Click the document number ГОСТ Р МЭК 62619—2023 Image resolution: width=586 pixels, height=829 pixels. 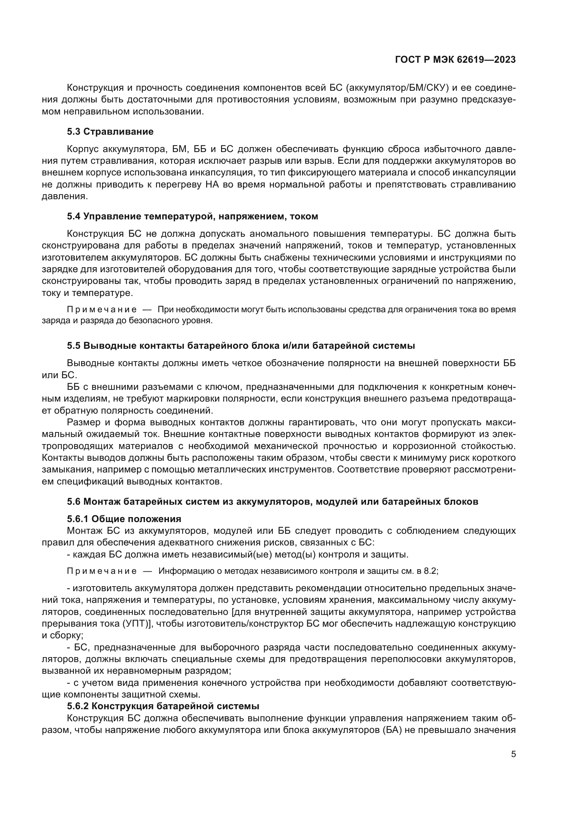click(455, 60)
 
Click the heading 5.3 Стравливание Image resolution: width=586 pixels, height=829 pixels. click(110, 131)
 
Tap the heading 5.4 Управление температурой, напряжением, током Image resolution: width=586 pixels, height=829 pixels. click(192, 216)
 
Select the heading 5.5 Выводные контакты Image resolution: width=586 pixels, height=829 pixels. click(241, 346)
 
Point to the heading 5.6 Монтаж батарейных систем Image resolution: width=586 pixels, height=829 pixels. click(272, 502)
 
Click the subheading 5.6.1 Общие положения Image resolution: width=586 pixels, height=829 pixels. click(124, 519)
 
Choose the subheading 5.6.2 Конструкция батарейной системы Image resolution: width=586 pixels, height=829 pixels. click(163, 706)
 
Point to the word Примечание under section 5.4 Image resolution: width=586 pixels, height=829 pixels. click(102, 309)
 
